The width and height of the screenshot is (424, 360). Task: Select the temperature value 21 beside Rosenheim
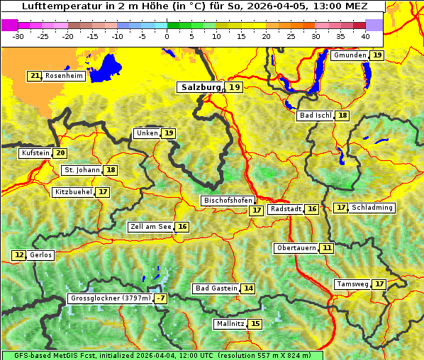click(35, 76)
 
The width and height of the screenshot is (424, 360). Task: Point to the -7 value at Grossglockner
click(161, 298)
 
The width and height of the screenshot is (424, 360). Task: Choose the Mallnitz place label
click(230, 324)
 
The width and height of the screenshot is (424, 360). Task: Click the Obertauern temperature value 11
click(326, 248)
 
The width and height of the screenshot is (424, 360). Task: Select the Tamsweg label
click(352, 284)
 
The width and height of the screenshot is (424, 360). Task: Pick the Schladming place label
click(372, 208)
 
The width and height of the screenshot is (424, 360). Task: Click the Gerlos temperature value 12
click(19, 255)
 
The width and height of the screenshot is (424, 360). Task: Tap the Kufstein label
click(35, 153)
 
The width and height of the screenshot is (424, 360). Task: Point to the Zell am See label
click(151, 227)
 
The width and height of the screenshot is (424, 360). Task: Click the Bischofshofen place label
click(228, 201)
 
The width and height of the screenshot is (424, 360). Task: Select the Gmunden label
click(350, 55)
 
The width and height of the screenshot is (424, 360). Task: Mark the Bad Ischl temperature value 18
click(342, 116)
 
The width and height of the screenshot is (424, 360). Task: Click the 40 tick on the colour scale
click(365, 35)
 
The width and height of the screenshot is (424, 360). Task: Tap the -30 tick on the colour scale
click(18, 35)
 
